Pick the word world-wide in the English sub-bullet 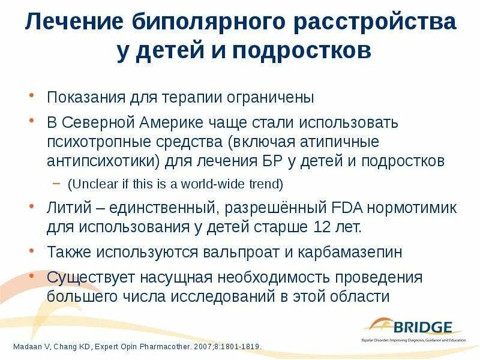point(211,184)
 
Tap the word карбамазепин point(349,252)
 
